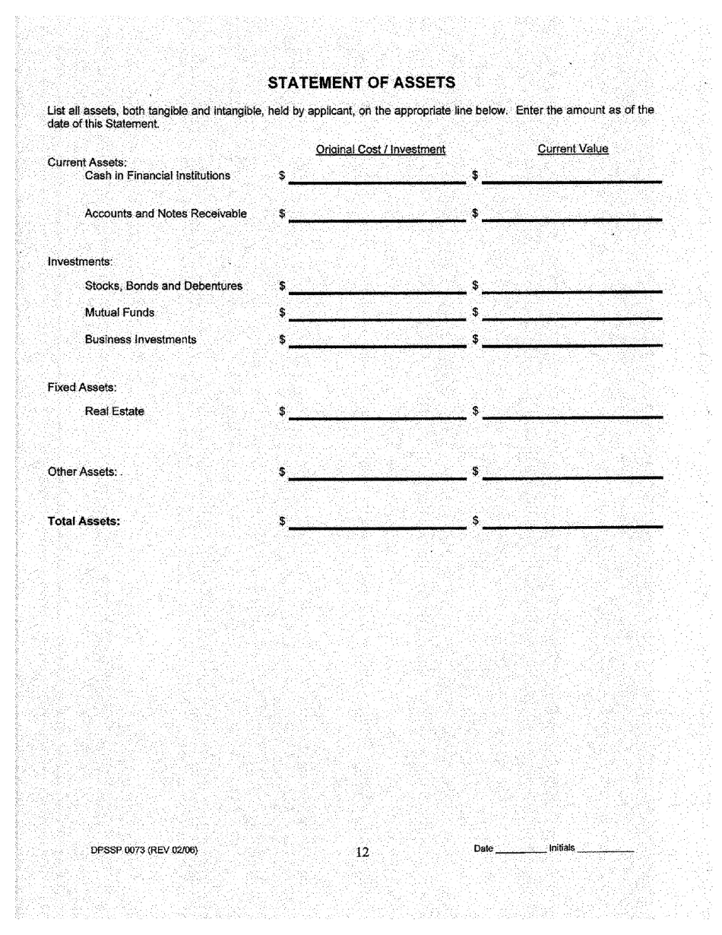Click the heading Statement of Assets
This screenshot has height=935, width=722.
click(362, 82)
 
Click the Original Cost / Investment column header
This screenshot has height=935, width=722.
click(380, 150)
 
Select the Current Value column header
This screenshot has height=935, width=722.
click(573, 149)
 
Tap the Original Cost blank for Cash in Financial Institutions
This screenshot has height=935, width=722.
click(377, 176)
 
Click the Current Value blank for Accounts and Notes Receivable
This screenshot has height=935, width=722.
click(572, 214)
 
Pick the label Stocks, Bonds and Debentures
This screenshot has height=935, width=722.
click(163, 286)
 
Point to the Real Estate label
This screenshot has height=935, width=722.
click(115, 411)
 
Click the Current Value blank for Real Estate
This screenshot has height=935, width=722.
click(572, 411)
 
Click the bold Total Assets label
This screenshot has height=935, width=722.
click(84, 521)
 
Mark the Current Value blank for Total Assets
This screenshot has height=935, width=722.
click(572, 521)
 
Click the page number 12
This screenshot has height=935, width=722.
click(363, 852)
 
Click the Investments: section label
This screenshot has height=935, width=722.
click(80, 261)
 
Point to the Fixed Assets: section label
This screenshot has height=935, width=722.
click(81, 387)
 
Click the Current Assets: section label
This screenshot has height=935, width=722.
click(87, 162)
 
